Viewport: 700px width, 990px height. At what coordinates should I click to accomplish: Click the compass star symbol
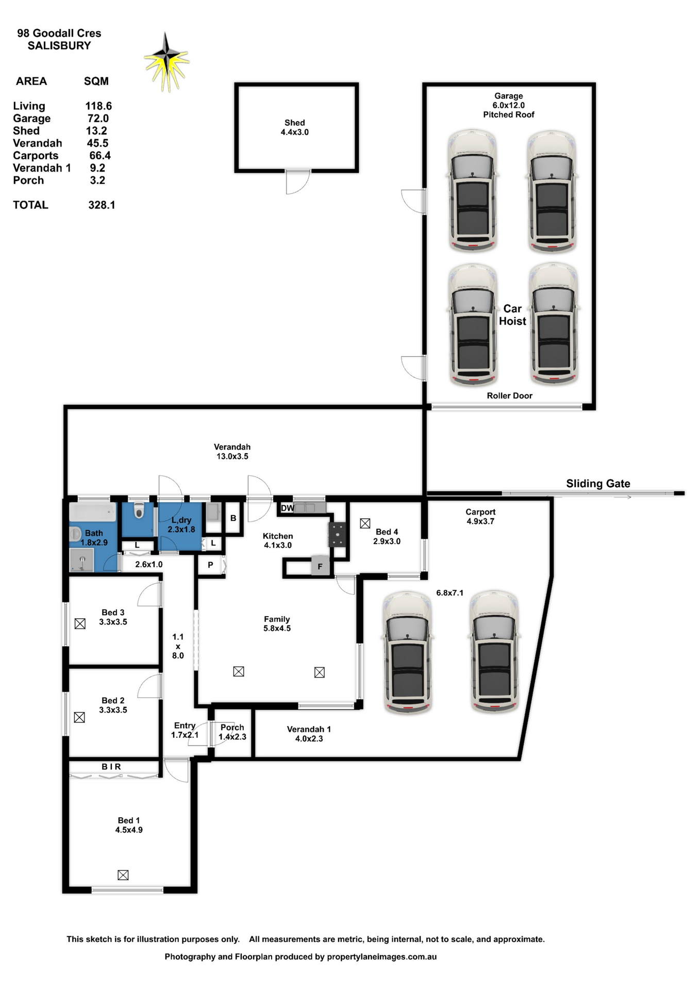(x=166, y=61)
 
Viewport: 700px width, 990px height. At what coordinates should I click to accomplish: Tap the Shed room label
(x=294, y=123)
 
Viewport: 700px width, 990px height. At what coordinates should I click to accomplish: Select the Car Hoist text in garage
(x=512, y=315)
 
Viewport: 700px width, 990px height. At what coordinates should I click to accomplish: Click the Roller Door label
(x=509, y=395)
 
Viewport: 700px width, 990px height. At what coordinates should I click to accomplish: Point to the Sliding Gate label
(x=598, y=484)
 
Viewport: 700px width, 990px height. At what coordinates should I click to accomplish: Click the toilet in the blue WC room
(x=139, y=511)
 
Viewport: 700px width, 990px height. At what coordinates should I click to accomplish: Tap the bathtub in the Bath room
(x=93, y=513)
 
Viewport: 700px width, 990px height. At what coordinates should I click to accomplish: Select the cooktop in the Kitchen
(x=338, y=535)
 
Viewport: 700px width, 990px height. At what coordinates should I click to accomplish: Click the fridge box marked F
(x=320, y=566)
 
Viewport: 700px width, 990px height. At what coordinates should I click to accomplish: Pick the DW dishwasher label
(x=288, y=508)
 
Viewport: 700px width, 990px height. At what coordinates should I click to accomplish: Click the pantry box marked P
(x=211, y=565)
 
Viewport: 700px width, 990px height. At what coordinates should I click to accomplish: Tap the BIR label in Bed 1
(x=111, y=767)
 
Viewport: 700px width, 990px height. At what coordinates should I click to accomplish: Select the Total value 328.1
(x=102, y=205)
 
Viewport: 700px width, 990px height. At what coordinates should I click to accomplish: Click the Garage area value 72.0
(x=98, y=118)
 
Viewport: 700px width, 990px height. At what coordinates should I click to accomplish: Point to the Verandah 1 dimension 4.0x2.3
(x=309, y=738)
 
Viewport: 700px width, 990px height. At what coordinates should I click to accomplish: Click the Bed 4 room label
(x=387, y=532)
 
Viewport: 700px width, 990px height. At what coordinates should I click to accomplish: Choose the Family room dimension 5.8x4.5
(x=277, y=628)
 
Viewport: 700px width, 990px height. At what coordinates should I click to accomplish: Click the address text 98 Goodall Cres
(x=59, y=33)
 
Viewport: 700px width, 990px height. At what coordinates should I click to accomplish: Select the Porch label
(x=232, y=727)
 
